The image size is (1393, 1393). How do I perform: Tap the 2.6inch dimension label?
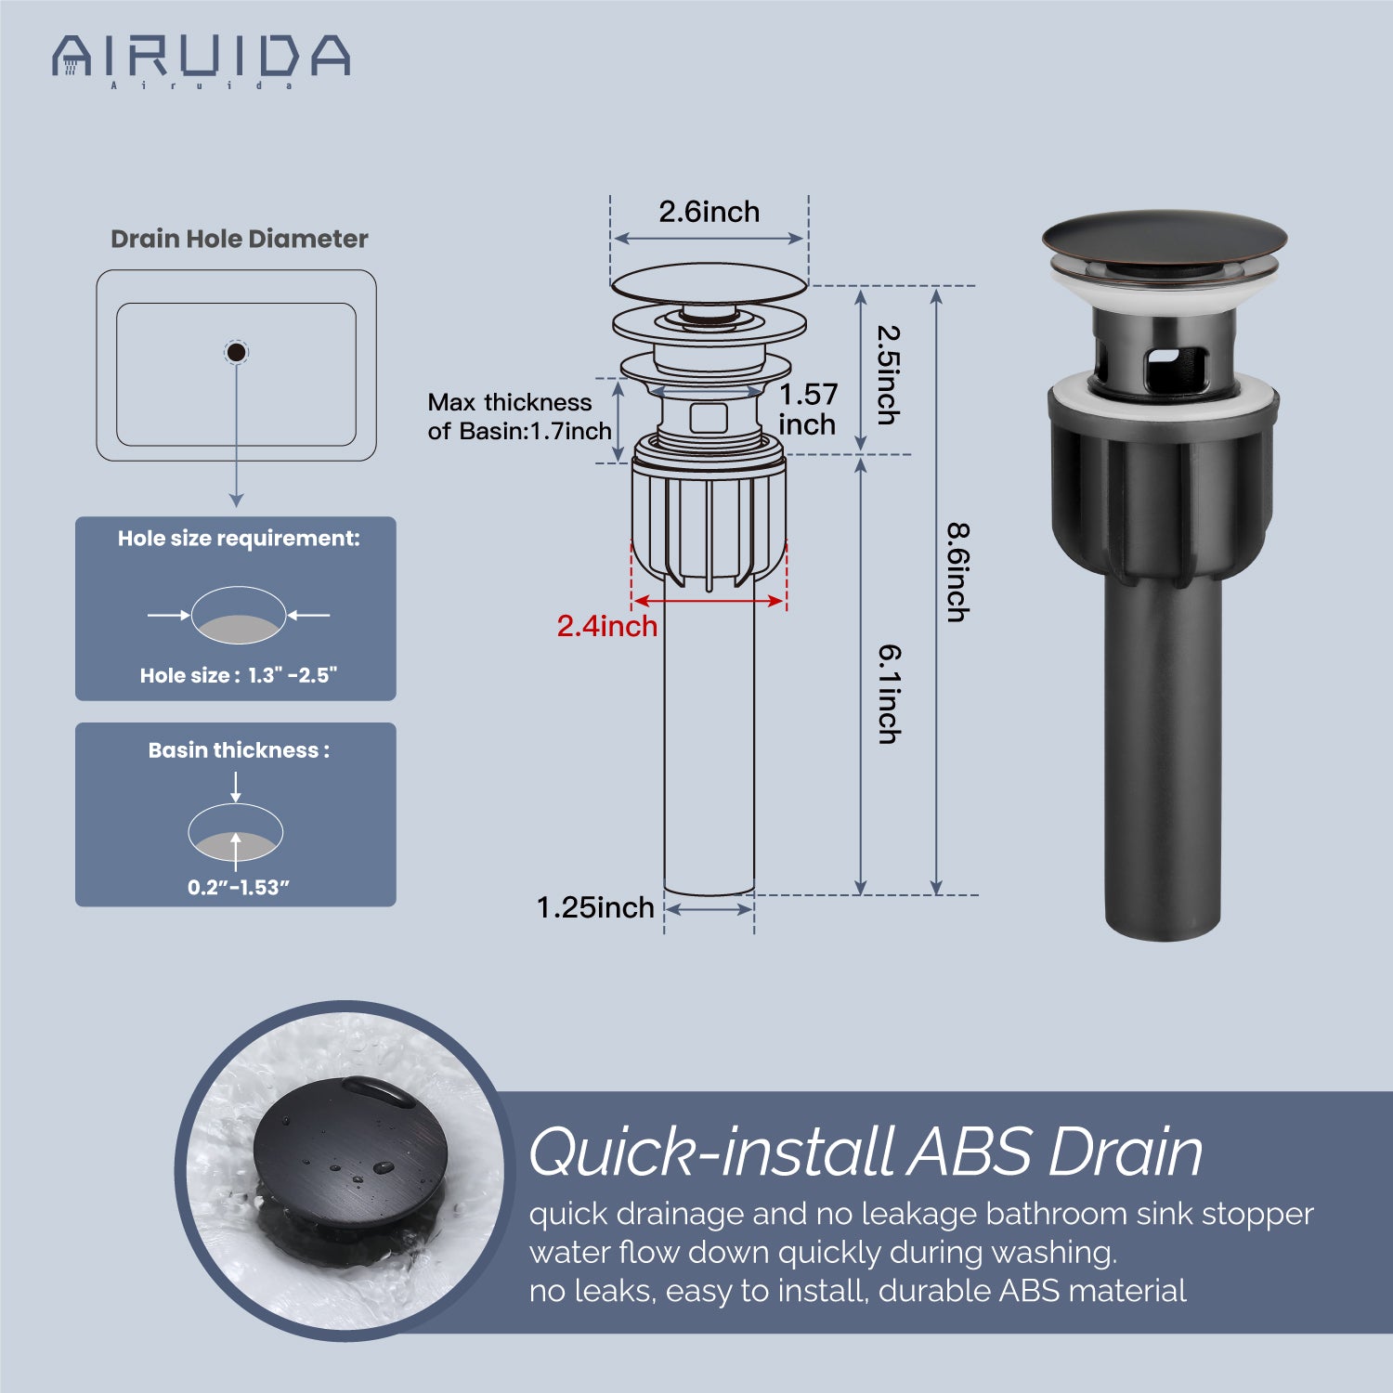pyautogui.click(x=710, y=212)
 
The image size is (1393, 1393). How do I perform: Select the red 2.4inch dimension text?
pyautogui.click(x=607, y=626)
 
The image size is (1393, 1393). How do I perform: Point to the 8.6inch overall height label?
pyautogui.click(x=957, y=573)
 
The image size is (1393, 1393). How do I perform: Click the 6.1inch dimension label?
pyautogui.click(x=890, y=695)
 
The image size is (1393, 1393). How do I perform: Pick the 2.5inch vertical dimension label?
pyautogui.click(x=889, y=375)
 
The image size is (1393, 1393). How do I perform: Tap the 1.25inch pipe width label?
pyautogui.click(x=595, y=907)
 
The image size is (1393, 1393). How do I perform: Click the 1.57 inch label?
pyautogui.click(x=808, y=409)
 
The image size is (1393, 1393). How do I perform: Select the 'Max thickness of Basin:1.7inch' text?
pyautogui.click(x=519, y=416)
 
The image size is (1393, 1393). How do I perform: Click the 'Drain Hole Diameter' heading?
pyautogui.click(x=240, y=239)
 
